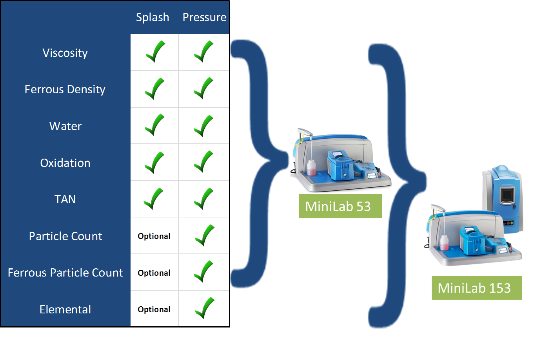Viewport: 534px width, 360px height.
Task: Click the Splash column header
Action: click(153, 17)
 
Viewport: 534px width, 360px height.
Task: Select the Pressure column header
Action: click(204, 17)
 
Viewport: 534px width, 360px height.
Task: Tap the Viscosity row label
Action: click(65, 53)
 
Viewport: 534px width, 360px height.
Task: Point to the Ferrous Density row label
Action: click(65, 89)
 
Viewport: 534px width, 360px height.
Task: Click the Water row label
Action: click(65, 126)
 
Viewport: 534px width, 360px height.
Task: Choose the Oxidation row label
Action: click(65, 163)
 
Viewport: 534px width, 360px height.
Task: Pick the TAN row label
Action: click(65, 199)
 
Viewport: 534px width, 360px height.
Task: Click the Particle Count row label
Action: click(65, 236)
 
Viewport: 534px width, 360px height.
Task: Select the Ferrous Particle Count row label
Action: click(65, 273)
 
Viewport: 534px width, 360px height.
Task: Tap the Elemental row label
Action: click(65, 309)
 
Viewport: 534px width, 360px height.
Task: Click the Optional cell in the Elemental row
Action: click(154, 309)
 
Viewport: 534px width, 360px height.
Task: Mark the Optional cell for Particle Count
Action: click(154, 236)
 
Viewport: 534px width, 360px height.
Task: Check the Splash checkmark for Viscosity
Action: click(155, 52)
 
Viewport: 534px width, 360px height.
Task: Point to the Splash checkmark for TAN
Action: click(154, 199)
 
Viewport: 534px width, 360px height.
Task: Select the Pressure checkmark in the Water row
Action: click(203, 125)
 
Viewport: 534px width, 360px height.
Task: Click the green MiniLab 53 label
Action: click(338, 206)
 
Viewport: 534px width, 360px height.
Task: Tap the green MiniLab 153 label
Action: click(474, 288)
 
